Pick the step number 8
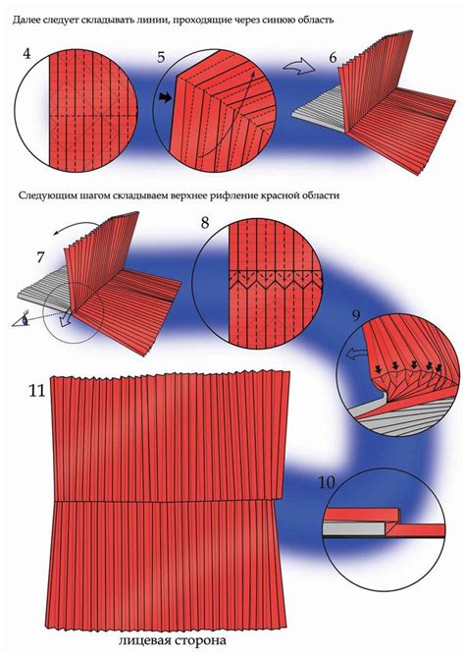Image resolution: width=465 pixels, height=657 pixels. (x=204, y=223)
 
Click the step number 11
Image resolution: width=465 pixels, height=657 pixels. (x=36, y=390)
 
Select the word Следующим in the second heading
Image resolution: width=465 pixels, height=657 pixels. (x=49, y=195)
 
